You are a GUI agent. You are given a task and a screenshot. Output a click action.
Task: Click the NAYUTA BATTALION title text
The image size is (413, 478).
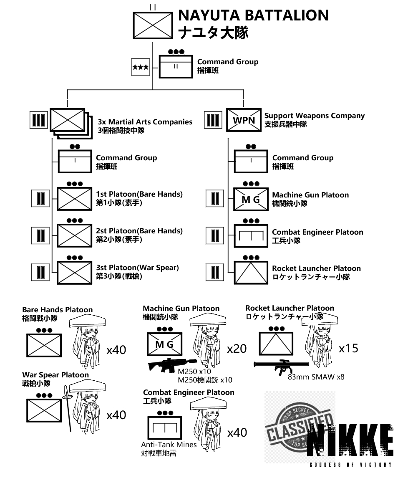pos(253,16)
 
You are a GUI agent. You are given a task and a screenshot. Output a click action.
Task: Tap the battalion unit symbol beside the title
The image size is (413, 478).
pos(153,25)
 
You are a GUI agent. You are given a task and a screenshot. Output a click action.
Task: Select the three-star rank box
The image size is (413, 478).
pos(140,67)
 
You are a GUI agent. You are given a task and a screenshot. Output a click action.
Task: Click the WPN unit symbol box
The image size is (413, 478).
pos(244,120)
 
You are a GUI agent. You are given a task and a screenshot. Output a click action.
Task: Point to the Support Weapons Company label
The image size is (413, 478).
pos(315,116)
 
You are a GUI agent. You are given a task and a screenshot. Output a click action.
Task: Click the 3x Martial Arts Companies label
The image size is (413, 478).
pos(145,122)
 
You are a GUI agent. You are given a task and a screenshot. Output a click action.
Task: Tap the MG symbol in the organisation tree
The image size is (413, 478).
pos(251,200)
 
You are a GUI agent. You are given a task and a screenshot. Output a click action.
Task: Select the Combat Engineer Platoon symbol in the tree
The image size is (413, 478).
pos(251,236)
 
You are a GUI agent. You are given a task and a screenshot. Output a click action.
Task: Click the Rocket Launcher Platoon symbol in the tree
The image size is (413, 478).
pos(251,273)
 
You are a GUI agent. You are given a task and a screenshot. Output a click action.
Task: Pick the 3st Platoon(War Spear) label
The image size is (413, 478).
pos(137,268)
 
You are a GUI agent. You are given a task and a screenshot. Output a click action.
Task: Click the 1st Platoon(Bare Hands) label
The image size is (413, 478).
pos(139,194)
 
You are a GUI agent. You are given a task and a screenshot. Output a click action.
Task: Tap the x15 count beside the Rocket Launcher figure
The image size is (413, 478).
pos(348,348)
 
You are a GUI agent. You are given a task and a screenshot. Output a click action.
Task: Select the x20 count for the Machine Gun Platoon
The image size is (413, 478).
pos(237,349)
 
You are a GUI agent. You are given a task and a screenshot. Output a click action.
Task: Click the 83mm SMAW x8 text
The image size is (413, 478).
pos(316,377)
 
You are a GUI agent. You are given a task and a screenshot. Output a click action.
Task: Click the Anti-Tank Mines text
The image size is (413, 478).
pos(169,445)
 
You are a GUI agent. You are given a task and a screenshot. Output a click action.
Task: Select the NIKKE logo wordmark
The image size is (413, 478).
pos(351,443)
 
